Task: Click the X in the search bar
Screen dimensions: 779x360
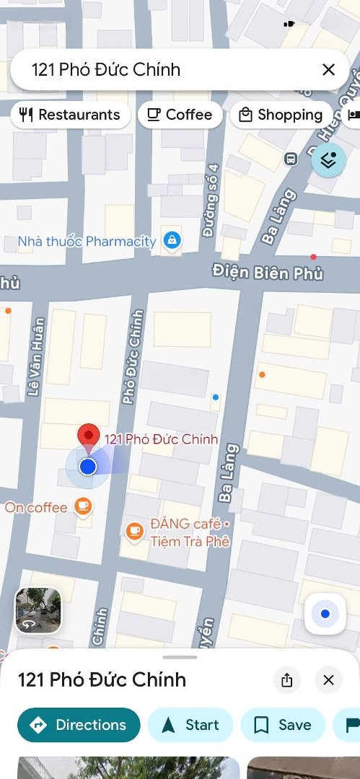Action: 328,69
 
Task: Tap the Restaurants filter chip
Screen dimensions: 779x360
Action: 70,115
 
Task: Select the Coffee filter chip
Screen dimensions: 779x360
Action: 180,115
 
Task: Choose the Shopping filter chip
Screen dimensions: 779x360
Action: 281,115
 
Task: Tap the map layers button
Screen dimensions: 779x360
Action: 328,160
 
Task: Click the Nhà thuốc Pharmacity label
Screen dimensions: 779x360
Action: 87,241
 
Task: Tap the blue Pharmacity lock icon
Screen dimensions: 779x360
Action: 172,240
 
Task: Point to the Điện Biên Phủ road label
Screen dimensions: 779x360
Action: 268,273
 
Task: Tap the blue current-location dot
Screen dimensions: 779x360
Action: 88,467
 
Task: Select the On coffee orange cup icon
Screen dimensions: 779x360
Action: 84,506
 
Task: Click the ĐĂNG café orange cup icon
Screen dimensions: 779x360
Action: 133,532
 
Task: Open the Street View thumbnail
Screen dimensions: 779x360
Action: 38,610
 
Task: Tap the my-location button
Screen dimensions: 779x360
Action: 325,614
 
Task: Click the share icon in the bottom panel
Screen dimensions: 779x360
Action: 287,679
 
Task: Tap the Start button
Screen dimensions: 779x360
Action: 190,725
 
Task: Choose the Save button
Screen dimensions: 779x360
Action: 283,725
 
